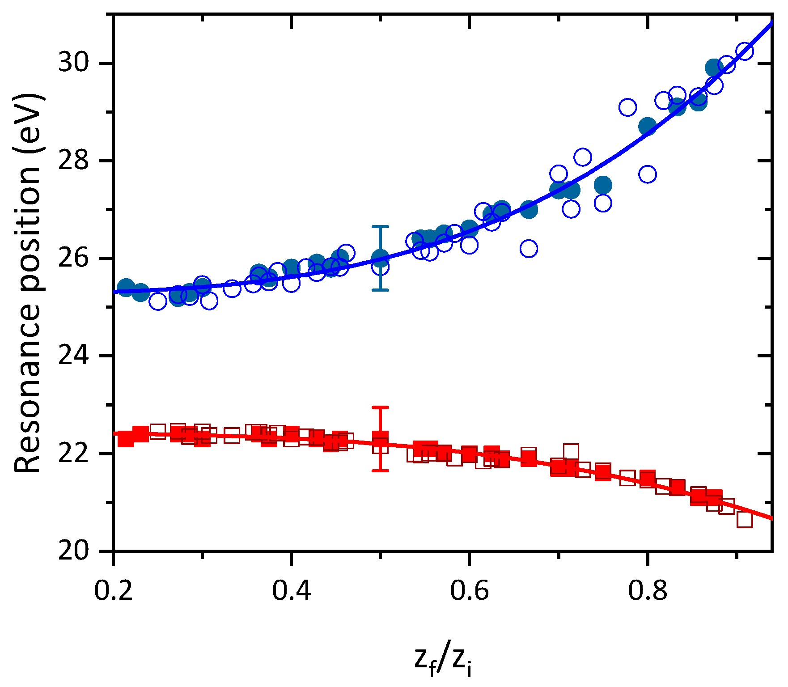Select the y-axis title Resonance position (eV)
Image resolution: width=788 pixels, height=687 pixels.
28,283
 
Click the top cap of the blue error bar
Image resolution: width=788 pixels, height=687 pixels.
380,227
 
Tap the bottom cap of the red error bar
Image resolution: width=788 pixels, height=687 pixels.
380,471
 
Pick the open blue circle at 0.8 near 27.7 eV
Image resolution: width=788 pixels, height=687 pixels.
648,174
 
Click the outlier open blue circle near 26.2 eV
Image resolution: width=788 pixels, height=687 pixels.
529,248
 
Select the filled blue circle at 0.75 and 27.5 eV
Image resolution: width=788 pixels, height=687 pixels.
603,185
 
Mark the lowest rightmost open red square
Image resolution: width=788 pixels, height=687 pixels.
745,520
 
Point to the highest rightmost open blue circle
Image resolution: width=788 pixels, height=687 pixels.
745,51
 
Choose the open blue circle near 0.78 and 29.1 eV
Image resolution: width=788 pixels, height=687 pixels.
627,107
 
